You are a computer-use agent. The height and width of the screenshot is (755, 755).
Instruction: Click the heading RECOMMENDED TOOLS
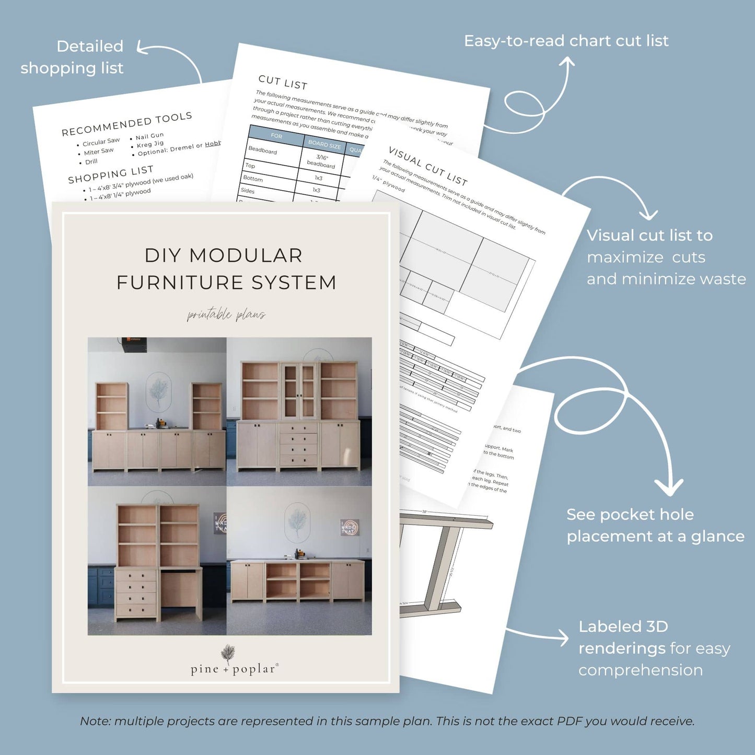point(127,124)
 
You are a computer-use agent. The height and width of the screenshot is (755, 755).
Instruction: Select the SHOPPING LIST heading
point(111,175)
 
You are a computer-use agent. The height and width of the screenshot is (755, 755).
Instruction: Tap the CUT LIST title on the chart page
point(283,82)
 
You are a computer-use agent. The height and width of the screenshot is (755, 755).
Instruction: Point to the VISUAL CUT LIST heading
point(428,167)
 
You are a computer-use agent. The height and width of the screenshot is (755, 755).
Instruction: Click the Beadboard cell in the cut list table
point(263,150)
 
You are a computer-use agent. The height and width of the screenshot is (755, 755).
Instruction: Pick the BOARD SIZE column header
point(324,144)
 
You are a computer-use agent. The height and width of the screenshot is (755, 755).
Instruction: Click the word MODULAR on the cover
point(246,255)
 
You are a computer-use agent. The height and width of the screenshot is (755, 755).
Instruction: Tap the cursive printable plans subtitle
point(226,315)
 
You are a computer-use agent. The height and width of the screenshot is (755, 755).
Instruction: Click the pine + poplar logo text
point(233,669)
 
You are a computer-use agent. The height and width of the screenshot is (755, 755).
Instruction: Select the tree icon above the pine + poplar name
point(228,653)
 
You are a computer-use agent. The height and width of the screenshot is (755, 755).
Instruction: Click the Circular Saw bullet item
point(101,142)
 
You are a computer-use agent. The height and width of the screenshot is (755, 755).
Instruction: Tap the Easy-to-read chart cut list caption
point(566,41)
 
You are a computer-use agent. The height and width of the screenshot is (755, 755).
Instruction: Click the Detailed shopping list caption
point(72,57)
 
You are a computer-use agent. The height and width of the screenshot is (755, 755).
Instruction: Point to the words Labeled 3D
point(623,626)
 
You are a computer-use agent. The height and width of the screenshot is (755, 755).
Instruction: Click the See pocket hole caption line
point(630,515)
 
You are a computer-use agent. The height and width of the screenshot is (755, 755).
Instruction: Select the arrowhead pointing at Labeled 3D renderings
point(564,637)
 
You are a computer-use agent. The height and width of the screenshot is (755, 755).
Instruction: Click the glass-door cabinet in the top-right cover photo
point(299,392)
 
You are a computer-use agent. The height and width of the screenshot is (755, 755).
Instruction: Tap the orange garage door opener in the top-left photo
point(135,342)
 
